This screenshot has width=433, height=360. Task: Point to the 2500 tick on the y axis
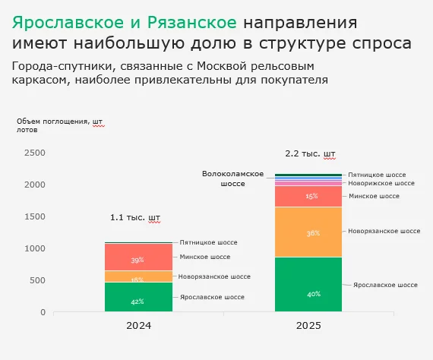(x=35, y=153)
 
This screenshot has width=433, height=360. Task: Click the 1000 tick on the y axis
(x=35, y=248)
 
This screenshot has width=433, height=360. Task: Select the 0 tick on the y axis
(x=43, y=312)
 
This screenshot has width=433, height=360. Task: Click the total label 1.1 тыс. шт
(x=136, y=217)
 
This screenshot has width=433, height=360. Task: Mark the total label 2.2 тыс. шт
(x=310, y=153)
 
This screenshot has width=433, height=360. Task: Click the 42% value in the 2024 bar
(x=137, y=302)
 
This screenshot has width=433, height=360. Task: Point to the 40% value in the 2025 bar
(x=313, y=294)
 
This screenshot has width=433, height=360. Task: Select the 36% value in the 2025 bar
(x=313, y=234)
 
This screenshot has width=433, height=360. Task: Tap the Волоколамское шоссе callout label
(x=232, y=178)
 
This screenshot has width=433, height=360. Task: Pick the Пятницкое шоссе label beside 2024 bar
(x=212, y=242)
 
